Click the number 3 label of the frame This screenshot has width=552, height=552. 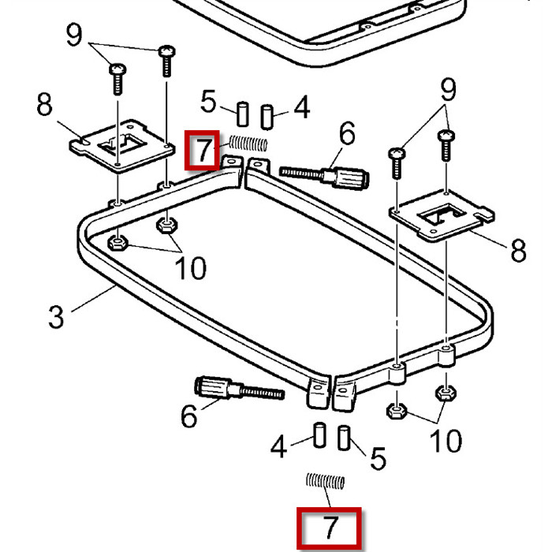pyautogui.click(x=55, y=316)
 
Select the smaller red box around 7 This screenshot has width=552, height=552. pyautogui.click(x=202, y=151)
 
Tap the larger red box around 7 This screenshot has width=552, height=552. pyautogui.click(x=330, y=529)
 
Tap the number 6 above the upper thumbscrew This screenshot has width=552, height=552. pyautogui.click(x=348, y=135)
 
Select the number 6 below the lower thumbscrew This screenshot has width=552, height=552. pyautogui.click(x=188, y=416)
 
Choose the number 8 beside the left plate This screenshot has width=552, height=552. pyautogui.click(x=46, y=105)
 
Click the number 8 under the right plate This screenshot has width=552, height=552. pyautogui.click(x=518, y=252)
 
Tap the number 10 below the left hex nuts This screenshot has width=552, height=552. pyautogui.click(x=190, y=268)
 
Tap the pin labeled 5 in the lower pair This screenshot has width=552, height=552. pyautogui.click(x=345, y=438)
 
